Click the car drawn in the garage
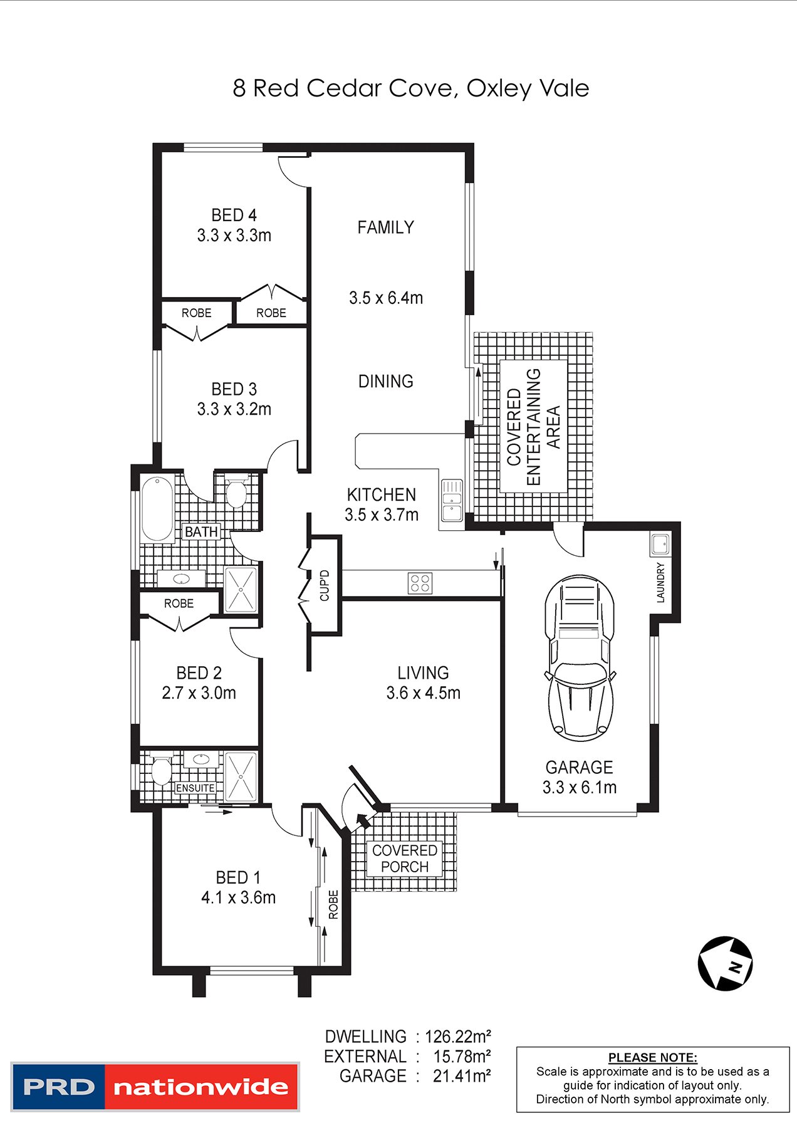580,658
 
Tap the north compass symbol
726,964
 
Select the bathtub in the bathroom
157,509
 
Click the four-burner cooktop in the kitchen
420,583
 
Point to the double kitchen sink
451,500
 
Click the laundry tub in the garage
660,544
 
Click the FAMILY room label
385,227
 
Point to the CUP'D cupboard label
325,585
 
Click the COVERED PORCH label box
405,859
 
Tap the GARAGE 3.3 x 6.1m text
580,777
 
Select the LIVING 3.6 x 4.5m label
423,682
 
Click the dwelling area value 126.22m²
458,1037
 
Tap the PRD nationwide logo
155,1087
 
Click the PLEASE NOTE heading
652,1058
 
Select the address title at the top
410,88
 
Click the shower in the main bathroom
241,589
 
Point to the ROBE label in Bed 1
333,904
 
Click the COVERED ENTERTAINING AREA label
533,426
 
